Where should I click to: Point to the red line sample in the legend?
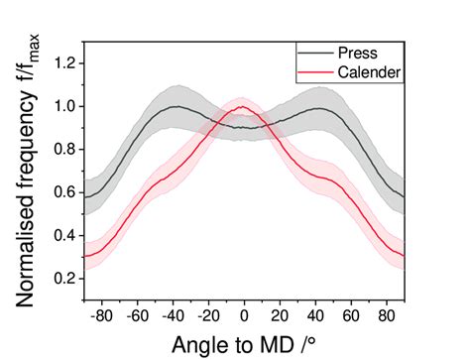(x=312, y=71)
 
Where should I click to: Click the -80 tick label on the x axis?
(x=101, y=314)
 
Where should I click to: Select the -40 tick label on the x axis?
(x=172, y=314)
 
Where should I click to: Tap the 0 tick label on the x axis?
(x=244, y=314)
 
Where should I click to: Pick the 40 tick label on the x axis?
(x=315, y=314)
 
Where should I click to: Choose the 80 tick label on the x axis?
(x=386, y=314)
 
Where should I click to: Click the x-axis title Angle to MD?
(x=245, y=343)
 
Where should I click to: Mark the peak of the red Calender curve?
(x=242, y=107)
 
